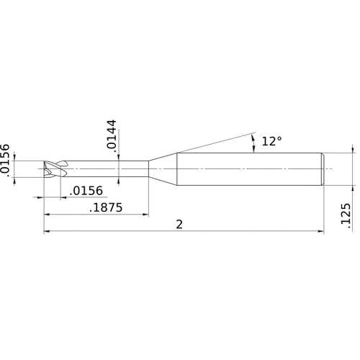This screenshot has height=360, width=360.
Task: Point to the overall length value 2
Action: click(x=179, y=224)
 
